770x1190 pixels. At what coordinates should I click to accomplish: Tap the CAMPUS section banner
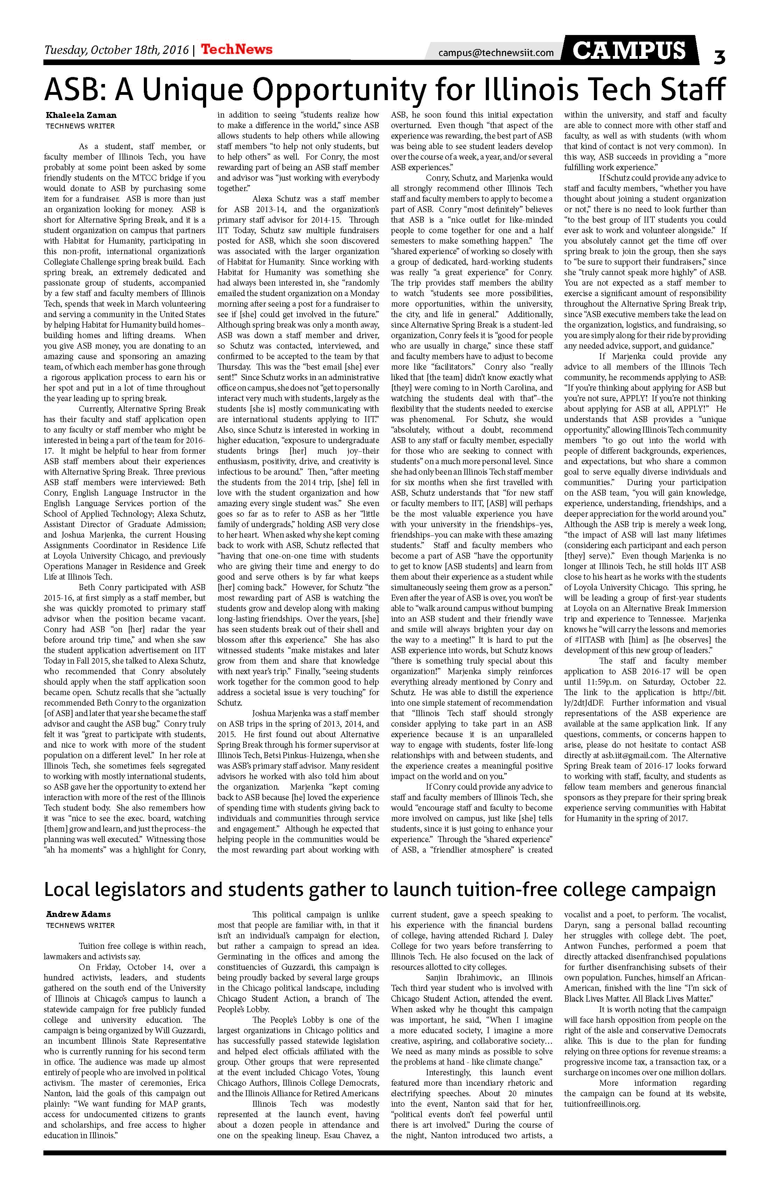pos(629,50)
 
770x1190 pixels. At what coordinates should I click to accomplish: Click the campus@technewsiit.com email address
pos(496,52)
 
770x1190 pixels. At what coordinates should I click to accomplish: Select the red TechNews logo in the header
pos(237,49)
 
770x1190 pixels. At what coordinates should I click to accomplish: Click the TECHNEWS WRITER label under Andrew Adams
pos(80,925)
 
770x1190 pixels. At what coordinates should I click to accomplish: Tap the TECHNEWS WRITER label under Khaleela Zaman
pos(80,126)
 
